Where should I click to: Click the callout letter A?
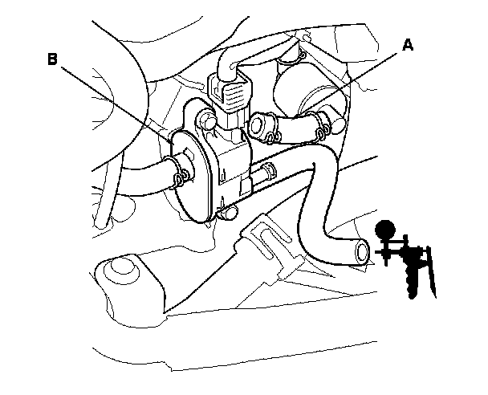(x=407, y=46)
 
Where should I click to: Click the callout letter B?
(x=52, y=59)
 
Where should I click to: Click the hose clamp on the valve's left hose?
(x=179, y=171)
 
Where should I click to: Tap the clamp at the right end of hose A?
(x=322, y=124)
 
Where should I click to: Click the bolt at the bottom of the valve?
(x=228, y=213)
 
